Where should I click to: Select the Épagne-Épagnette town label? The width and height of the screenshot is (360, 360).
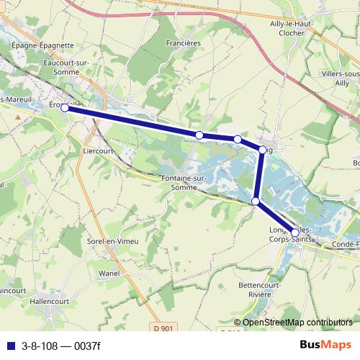[x=42, y=45]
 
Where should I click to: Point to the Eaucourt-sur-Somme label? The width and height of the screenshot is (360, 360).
[x=66, y=67]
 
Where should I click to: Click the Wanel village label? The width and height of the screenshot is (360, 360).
[x=109, y=274]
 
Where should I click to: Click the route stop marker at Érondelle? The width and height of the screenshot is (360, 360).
[x=65, y=108]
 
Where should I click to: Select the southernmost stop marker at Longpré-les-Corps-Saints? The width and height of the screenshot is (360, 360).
[x=294, y=233]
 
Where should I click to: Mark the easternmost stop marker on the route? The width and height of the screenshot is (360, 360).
[x=294, y=233]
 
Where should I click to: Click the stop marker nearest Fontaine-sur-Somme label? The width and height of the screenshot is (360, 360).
[x=199, y=135]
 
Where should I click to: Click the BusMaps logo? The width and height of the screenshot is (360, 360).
[x=325, y=345]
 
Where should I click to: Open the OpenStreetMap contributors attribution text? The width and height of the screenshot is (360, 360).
[x=297, y=323]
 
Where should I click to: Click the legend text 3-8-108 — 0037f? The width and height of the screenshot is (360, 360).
[x=61, y=346]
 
